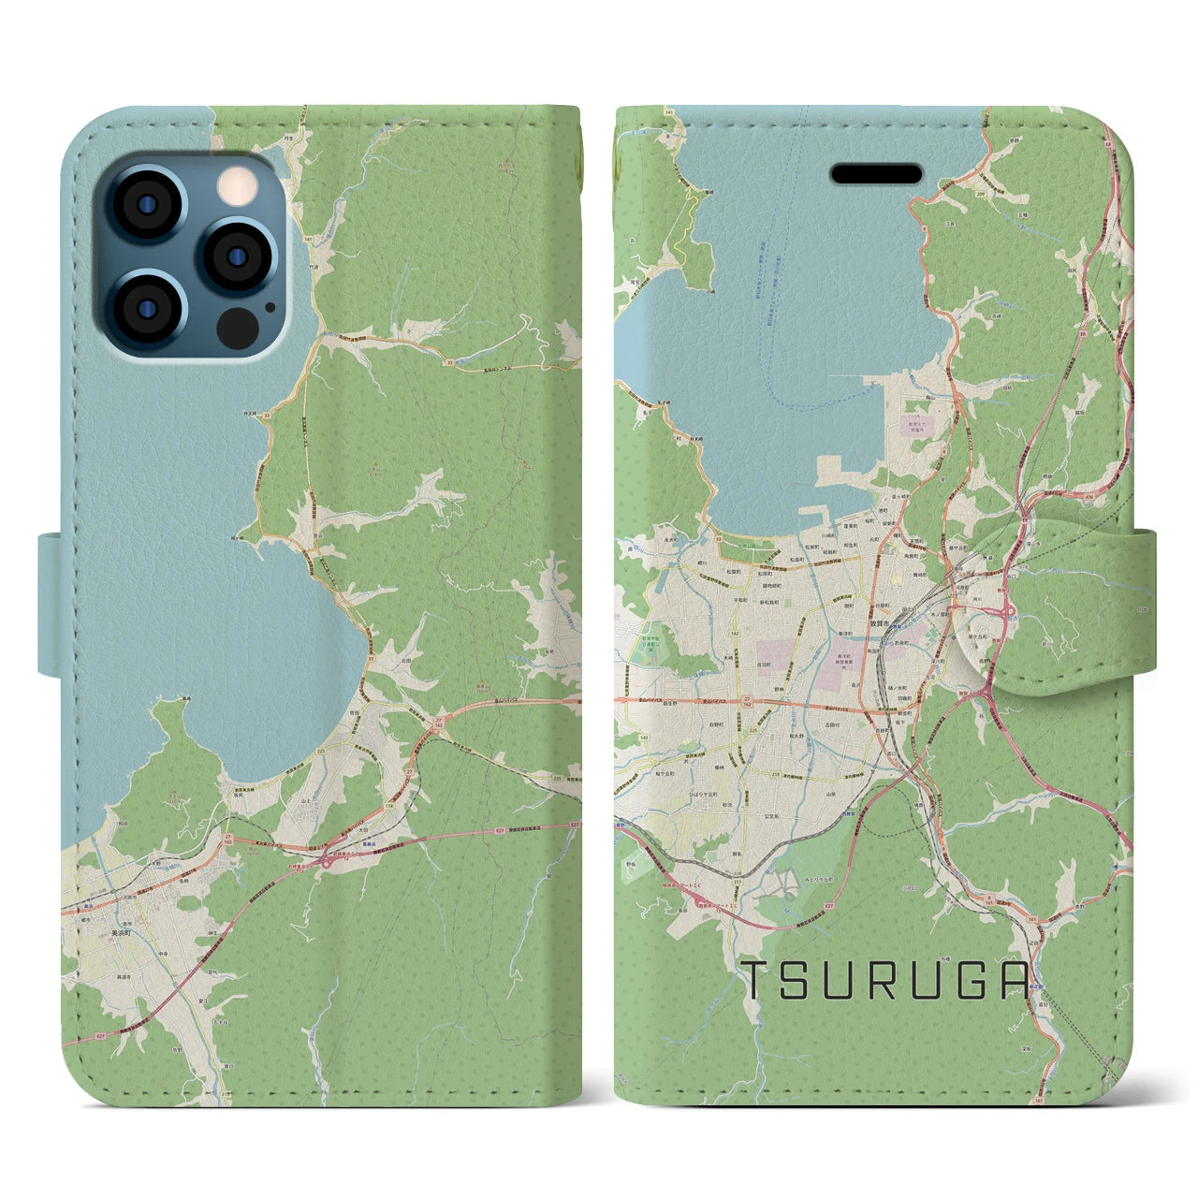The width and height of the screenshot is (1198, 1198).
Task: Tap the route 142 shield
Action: (737, 635)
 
